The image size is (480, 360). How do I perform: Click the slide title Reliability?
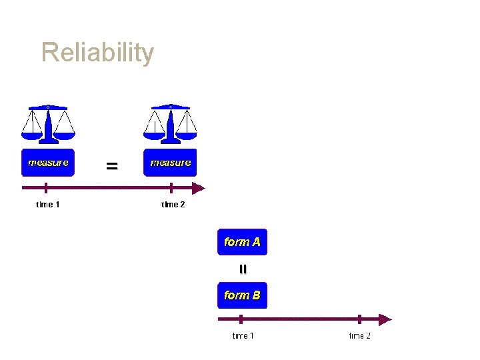[97, 53]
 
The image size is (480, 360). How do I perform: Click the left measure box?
[48, 163]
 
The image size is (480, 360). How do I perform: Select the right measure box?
[171, 163]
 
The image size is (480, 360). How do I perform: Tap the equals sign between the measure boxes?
[112, 166]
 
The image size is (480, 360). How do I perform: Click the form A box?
[242, 242]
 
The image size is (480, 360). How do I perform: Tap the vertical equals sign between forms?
[243, 269]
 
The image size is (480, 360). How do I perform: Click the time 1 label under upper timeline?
[48, 205]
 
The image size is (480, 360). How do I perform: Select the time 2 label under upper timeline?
[173, 205]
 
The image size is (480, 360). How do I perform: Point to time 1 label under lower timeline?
[243, 335]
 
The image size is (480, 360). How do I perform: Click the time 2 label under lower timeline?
[360, 335]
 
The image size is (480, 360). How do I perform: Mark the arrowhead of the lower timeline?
[385, 319]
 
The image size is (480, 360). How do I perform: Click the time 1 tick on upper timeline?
[45, 188]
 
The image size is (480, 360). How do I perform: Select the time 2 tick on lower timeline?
[359, 319]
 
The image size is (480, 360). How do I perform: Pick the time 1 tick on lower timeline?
[241, 319]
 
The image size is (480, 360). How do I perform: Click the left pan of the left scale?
[31, 135]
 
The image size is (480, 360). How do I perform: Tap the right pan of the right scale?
[188, 135]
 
